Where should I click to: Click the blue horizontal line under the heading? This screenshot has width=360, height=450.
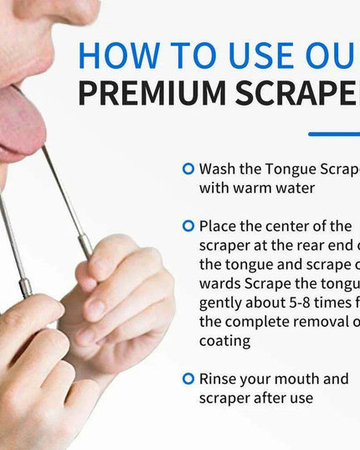tap(333, 134)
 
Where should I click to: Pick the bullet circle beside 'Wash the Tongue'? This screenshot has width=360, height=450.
tap(188, 168)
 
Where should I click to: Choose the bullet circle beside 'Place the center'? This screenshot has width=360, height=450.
tap(188, 225)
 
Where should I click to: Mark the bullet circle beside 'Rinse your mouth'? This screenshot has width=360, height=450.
tap(188, 379)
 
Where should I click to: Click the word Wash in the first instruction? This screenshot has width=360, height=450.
tap(218, 168)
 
